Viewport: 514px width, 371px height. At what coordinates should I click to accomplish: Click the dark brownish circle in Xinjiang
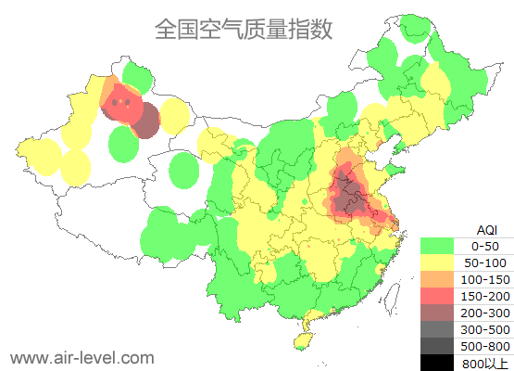point(146,121)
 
